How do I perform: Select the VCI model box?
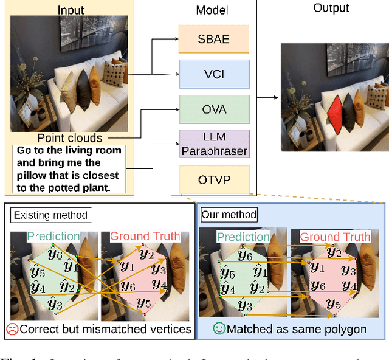(x=214, y=73)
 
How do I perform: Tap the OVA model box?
(x=214, y=109)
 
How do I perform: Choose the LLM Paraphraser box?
(x=214, y=144)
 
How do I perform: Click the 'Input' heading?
(x=71, y=10)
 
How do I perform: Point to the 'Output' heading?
(x=331, y=8)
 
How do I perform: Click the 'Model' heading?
(x=212, y=11)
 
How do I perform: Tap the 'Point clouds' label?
(x=70, y=138)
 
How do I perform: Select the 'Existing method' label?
(x=50, y=215)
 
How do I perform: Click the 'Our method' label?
(x=228, y=215)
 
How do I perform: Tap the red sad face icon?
(x=12, y=329)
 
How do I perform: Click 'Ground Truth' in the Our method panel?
(x=335, y=237)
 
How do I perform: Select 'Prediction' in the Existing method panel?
(x=54, y=237)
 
